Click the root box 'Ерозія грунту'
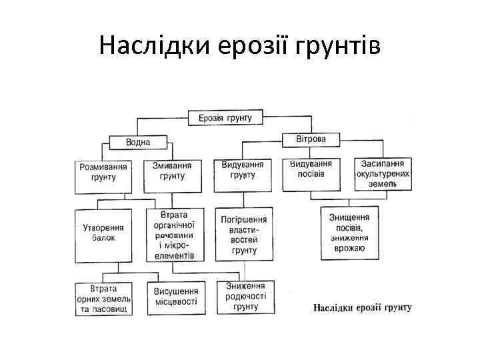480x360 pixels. coord(225,118)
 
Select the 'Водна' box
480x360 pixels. coord(138,142)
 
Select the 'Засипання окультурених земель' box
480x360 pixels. coord(382,173)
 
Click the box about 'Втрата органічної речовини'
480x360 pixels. coord(174,235)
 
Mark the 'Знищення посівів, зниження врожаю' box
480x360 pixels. coord(349,232)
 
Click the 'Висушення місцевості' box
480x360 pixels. coord(176,297)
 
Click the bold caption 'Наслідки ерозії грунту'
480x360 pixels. coord(362,307)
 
